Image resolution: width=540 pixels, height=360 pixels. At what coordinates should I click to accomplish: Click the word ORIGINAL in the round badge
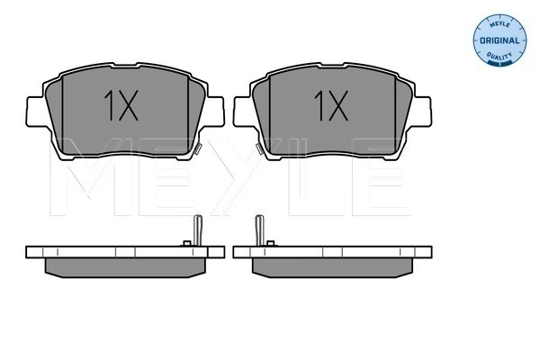coord(497,40)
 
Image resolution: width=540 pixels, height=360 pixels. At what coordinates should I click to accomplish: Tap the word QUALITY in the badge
coord(496,57)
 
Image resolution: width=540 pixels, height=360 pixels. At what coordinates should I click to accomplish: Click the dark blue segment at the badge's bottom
coord(497,65)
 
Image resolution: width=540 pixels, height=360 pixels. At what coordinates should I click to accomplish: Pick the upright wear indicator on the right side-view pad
coord(259,230)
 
